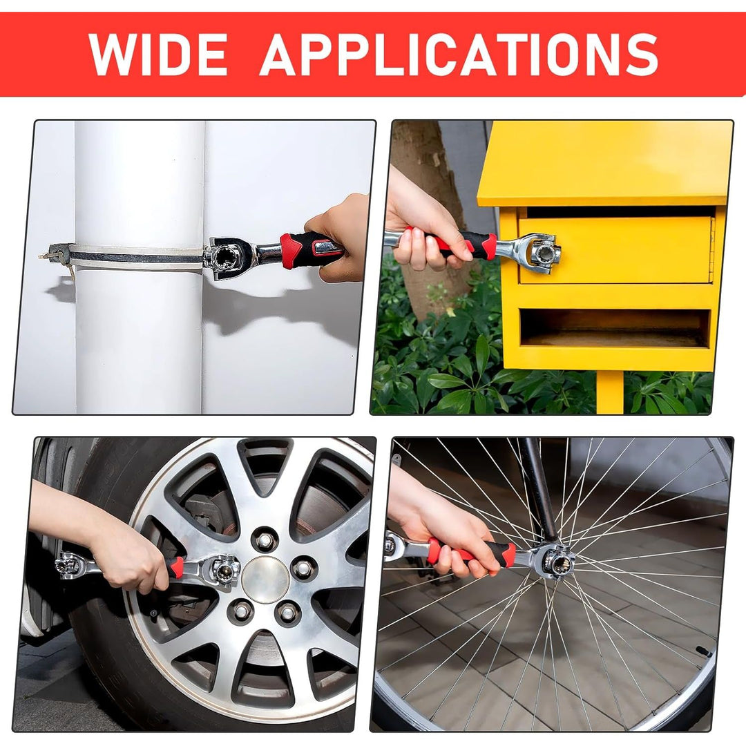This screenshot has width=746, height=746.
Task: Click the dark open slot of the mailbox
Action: point(615,327)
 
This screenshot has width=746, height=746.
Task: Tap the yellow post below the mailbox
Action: point(609,392)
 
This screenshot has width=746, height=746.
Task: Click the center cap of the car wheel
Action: point(265,580)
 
